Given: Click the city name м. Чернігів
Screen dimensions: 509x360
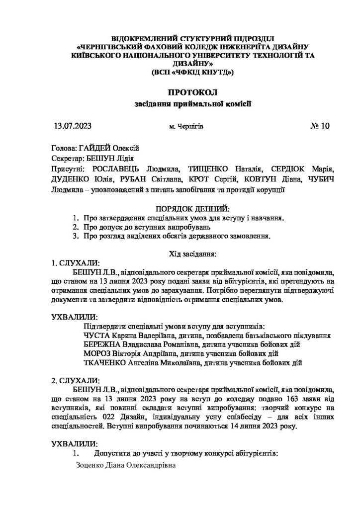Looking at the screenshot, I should (x=186, y=127).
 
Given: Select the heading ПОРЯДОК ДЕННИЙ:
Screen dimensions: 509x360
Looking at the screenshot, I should (x=179, y=207).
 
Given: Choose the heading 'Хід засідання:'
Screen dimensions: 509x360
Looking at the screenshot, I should (x=180, y=254).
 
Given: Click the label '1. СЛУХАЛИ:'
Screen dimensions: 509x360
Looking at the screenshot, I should (x=76, y=263).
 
